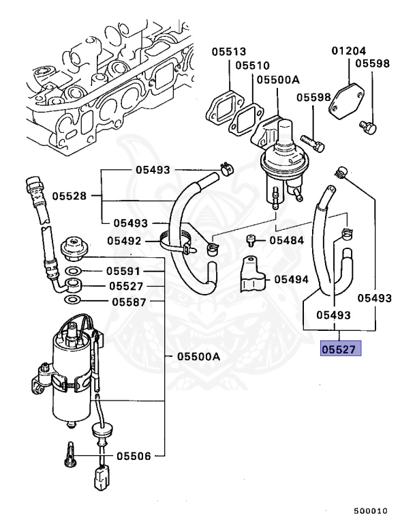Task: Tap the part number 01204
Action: [x=350, y=51]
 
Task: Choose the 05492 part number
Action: [x=124, y=241]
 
